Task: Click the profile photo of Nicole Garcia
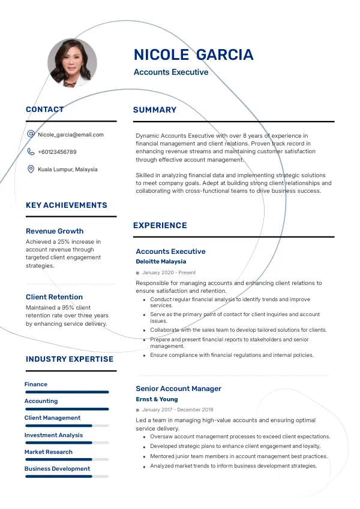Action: (x=72, y=63)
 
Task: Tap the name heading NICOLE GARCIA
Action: (x=193, y=55)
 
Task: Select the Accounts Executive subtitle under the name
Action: (x=171, y=72)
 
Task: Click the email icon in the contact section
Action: (x=31, y=134)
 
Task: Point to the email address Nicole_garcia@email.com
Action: (x=71, y=135)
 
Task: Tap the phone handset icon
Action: (x=31, y=152)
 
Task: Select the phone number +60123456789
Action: (x=57, y=152)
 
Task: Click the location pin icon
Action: (x=31, y=169)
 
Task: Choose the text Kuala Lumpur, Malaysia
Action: (x=67, y=169)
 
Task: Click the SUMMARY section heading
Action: (x=155, y=110)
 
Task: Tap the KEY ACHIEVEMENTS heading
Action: (x=67, y=205)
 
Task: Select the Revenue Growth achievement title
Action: (x=55, y=231)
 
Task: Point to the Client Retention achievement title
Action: (x=54, y=297)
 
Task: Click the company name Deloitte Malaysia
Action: (x=161, y=262)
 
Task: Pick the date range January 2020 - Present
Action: (x=169, y=272)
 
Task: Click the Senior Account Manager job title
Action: (x=178, y=389)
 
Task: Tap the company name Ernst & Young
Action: (x=157, y=399)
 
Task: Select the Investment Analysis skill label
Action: (x=53, y=435)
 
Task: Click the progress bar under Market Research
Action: (x=67, y=459)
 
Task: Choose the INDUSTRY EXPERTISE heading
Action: (x=70, y=359)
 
